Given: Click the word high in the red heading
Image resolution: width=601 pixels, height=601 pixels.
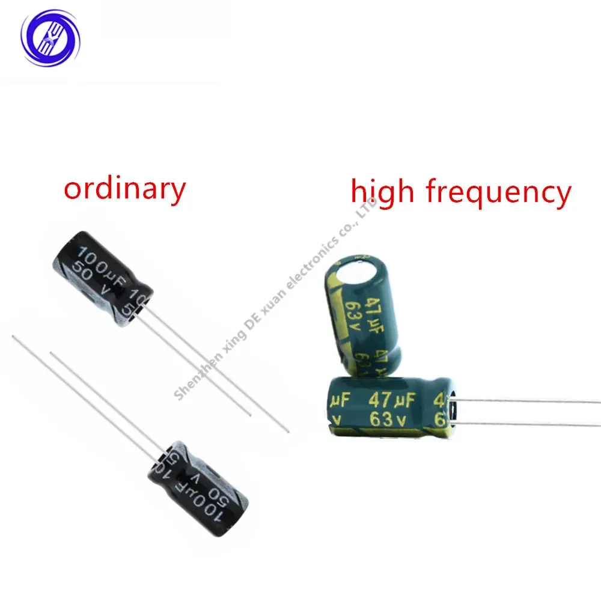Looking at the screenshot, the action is point(382,192).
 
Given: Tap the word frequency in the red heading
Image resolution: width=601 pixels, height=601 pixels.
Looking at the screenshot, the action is point(498,194).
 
